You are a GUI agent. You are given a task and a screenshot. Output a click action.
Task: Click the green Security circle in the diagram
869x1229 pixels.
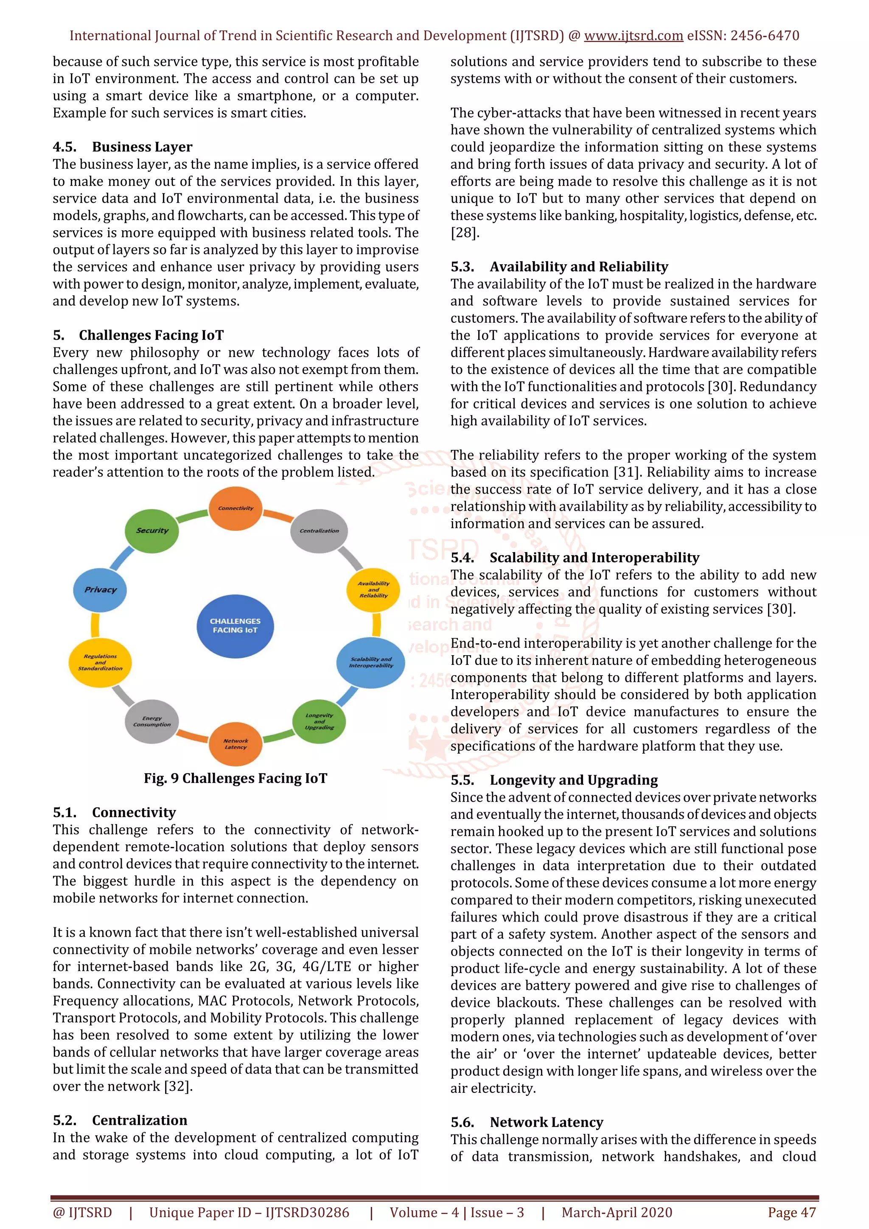pyautogui.click(x=151, y=531)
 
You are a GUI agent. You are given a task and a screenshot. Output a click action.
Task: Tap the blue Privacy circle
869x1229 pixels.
pyautogui.click(x=100, y=590)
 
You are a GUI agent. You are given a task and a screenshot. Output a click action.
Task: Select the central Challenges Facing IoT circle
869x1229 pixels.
pyautogui.click(x=235, y=626)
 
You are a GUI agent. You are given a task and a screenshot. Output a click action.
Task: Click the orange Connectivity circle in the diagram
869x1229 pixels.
pyautogui.click(x=235, y=508)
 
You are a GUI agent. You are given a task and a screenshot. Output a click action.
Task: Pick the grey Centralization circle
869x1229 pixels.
pyautogui.click(x=319, y=531)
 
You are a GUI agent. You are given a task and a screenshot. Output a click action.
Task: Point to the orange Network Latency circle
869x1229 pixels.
pyautogui.click(x=235, y=743)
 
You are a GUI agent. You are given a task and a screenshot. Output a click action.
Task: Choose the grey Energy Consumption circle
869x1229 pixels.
pyautogui.click(x=151, y=721)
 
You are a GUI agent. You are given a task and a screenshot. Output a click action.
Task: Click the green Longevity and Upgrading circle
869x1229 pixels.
pyautogui.click(x=319, y=721)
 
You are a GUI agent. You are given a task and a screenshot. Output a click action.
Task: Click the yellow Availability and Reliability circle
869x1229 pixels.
pyautogui.click(x=373, y=589)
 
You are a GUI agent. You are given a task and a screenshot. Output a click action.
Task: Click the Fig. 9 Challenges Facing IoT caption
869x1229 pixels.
pyautogui.click(x=235, y=778)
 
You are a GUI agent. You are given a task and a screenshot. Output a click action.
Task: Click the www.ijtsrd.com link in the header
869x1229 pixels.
pyautogui.click(x=633, y=36)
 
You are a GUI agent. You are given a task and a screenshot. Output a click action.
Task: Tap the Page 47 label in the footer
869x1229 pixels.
pyautogui.click(x=791, y=1212)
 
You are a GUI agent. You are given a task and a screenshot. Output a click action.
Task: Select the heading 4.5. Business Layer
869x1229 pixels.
pyautogui.click(x=123, y=147)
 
